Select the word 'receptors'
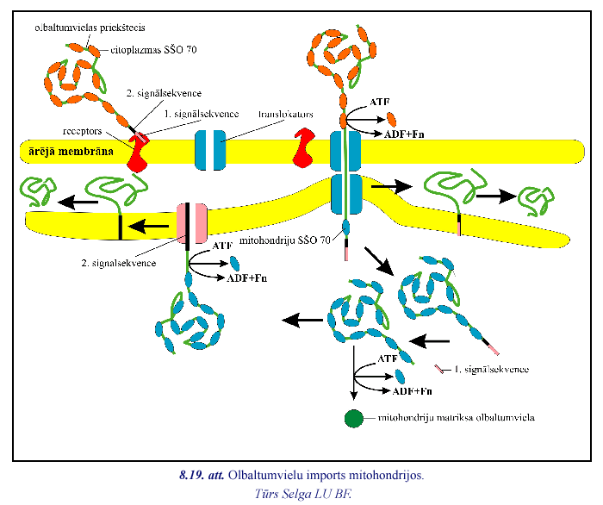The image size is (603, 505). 84,134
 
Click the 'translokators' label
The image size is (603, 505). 284,113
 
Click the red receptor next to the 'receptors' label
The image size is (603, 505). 138,151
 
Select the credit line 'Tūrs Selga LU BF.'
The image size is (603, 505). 303,493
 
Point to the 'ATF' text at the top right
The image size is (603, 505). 380,102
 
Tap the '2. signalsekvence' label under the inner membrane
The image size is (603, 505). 116,263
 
